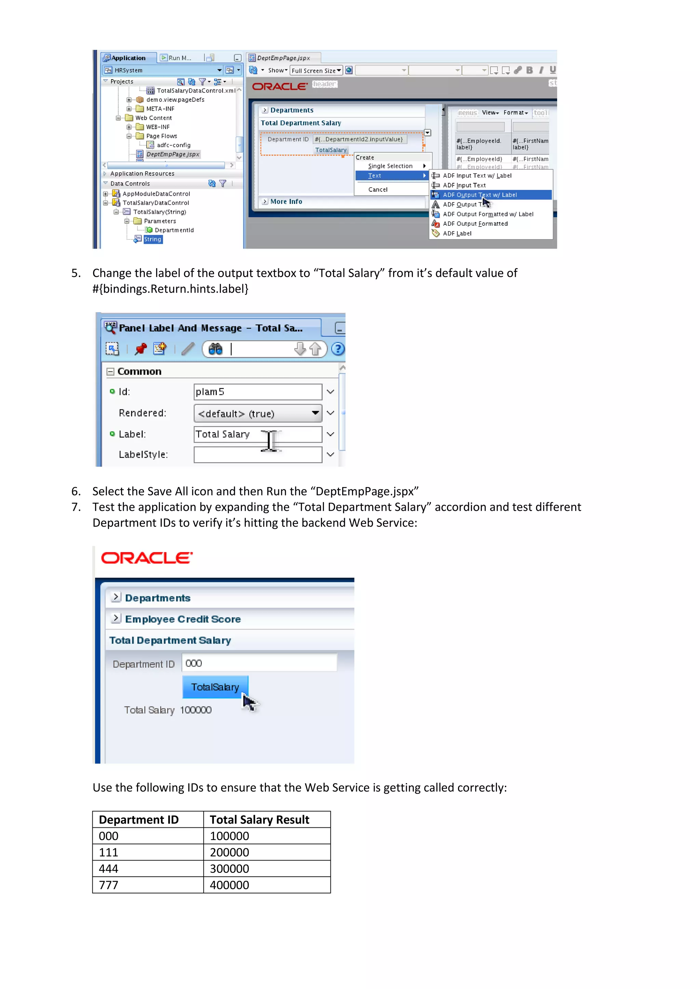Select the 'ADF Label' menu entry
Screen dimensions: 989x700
click(x=457, y=234)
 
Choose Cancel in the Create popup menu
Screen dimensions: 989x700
click(x=378, y=190)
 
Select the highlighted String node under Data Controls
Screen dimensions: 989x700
click(x=152, y=239)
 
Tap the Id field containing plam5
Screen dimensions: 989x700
click(x=257, y=392)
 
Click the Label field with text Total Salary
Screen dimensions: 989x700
click(x=257, y=434)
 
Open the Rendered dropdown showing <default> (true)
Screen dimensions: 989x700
click(x=257, y=414)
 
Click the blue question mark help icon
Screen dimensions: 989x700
click(x=338, y=349)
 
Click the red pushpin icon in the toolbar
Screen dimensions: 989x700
click(x=140, y=349)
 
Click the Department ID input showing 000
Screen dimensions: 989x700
click(x=259, y=663)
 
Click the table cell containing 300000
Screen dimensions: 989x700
click(x=229, y=869)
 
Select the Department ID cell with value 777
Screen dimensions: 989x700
click(x=109, y=885)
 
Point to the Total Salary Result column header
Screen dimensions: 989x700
click(x=259, y=820)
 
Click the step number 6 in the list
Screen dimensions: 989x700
click(x=76, y=491)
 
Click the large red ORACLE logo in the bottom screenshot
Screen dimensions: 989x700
click(x=147, y=558)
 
